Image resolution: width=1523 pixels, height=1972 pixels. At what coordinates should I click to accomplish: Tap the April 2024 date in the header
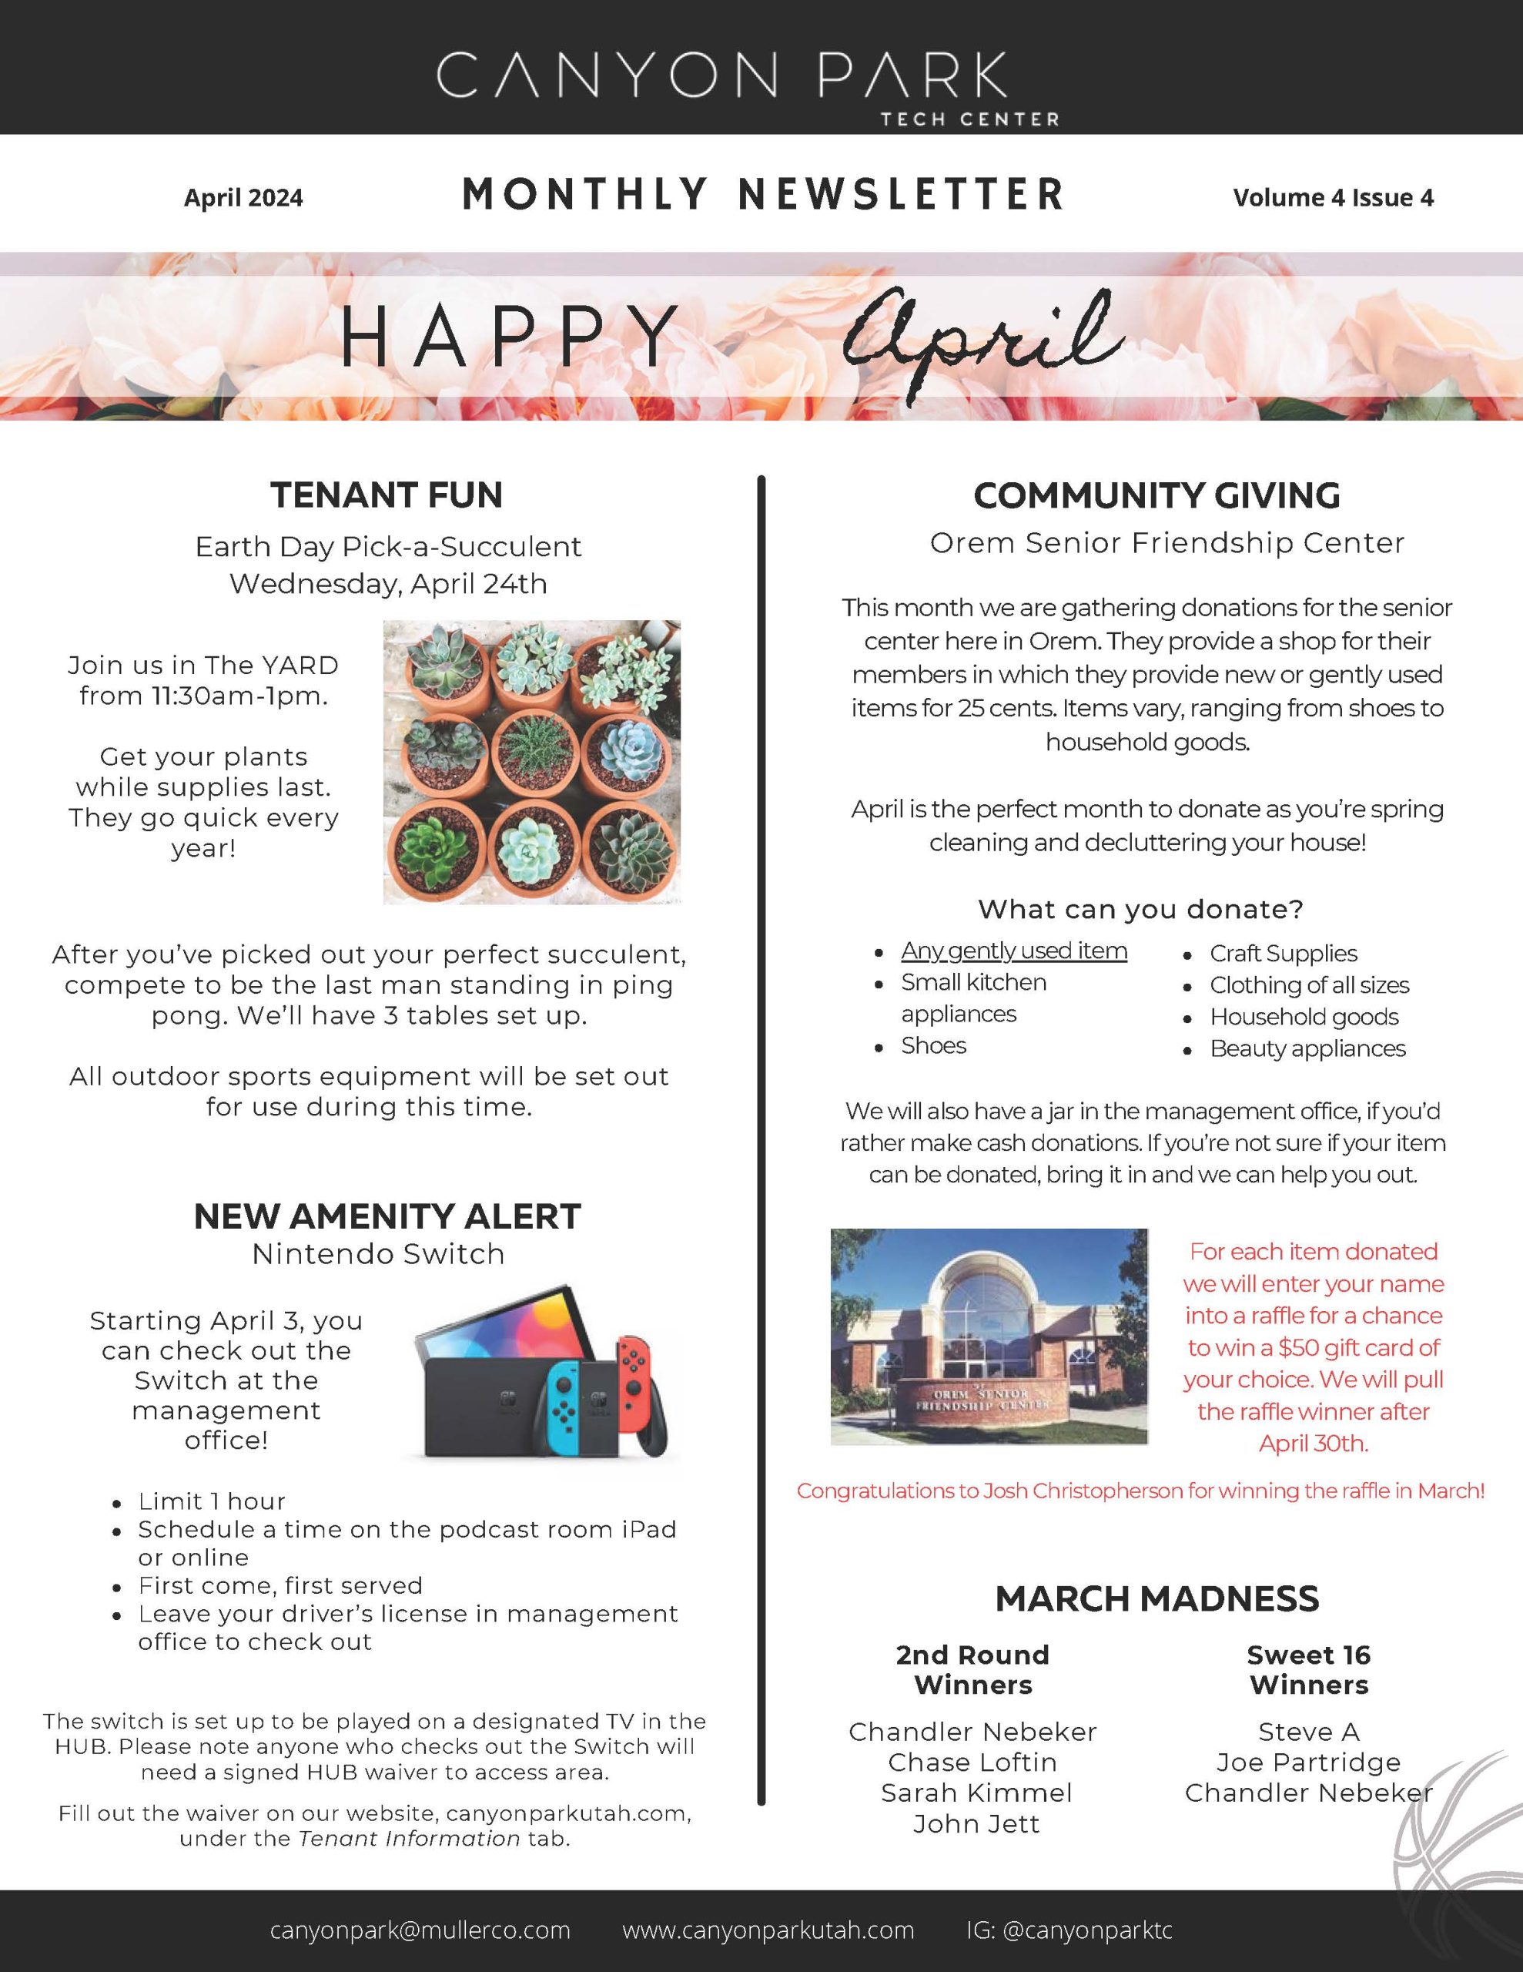click(244, 198)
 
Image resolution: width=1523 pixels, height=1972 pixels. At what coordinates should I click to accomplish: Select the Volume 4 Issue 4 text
click(1333, 198)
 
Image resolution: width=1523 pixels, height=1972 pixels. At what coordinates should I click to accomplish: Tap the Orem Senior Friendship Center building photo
click(989, 1336)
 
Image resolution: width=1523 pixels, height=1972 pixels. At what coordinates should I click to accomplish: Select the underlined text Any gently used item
click(1014, 951)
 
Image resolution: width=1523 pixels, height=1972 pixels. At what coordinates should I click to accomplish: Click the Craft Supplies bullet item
click(1283, 954)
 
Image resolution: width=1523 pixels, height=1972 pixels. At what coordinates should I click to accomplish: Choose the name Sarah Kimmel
click(976, 1793)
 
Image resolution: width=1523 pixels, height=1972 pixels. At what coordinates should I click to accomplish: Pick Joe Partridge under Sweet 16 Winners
click(1308, 1762)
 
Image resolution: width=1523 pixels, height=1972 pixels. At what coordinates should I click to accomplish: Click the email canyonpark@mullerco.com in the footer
click(420, 1930)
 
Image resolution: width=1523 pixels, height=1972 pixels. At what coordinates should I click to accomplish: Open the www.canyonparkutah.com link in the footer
click(768, 1930)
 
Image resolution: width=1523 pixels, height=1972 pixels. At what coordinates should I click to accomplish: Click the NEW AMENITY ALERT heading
click(387, 1216)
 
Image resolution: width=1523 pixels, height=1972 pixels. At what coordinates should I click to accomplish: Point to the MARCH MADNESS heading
click(1156, 1598)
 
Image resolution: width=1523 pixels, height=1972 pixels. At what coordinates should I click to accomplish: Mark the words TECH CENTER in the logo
click(969, 119)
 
